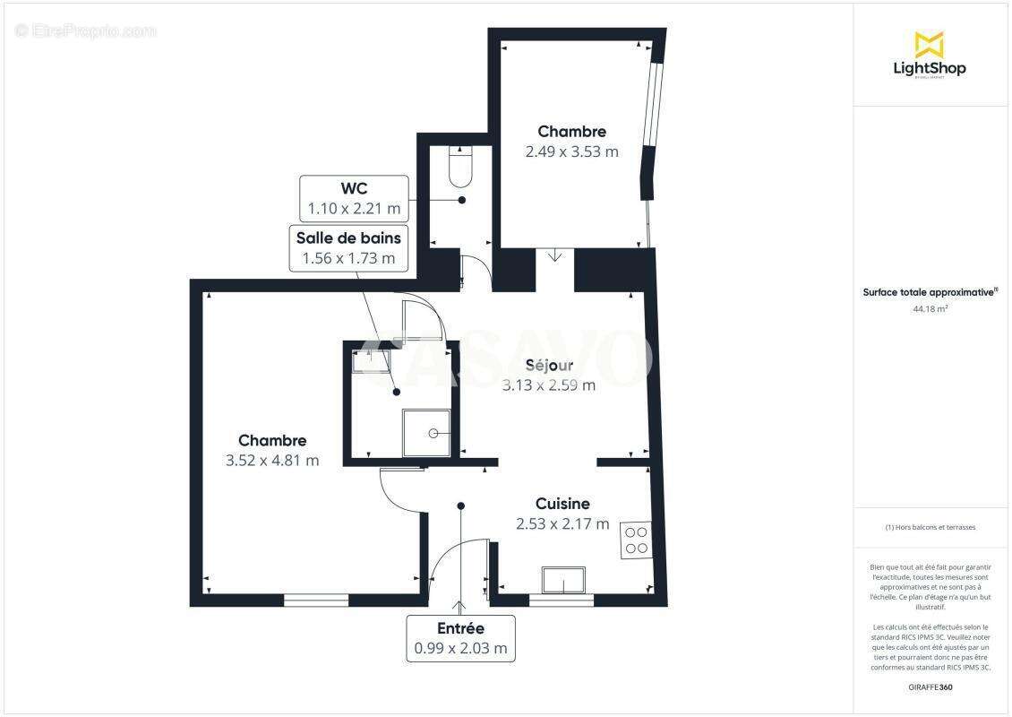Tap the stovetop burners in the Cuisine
pos(636,540)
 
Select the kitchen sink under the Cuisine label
pos(563,580)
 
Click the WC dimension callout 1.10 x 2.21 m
pos(354,199)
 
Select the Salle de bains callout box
pos(349,247)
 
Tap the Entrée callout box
pos(460,638)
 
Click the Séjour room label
pos(549,365)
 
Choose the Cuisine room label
pos(562,504)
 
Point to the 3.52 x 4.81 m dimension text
pos(272,461)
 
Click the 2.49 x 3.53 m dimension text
pos(571,151)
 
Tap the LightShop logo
pos(930,56)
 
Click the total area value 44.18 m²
pos(930,308)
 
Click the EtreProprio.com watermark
pos(86,31)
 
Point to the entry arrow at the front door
pos(460,607)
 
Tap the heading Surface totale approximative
pos(929,292)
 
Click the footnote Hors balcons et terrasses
pos(930,527)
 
